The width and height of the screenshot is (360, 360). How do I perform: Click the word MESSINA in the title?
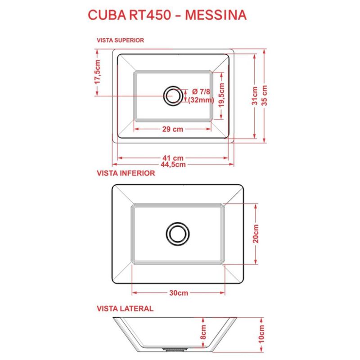coord(216,14)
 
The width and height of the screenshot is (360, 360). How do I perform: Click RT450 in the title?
coord(148,14)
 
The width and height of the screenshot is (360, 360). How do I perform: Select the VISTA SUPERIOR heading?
coord(121,40)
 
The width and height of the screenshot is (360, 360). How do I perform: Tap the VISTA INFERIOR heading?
coord(126,173)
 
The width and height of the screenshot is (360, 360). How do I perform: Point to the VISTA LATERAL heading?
coord(125,309)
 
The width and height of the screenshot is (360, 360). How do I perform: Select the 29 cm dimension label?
coord(172,129)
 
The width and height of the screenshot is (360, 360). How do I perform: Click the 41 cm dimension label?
coord(173,158)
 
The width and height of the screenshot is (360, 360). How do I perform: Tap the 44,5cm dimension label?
coord(173,164)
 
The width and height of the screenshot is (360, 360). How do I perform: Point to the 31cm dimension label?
coord(255,96)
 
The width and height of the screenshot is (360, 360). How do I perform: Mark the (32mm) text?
coord(201,100)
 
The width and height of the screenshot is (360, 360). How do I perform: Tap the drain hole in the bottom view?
coord(177,233)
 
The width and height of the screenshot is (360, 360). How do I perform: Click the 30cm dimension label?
coord(179,293)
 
